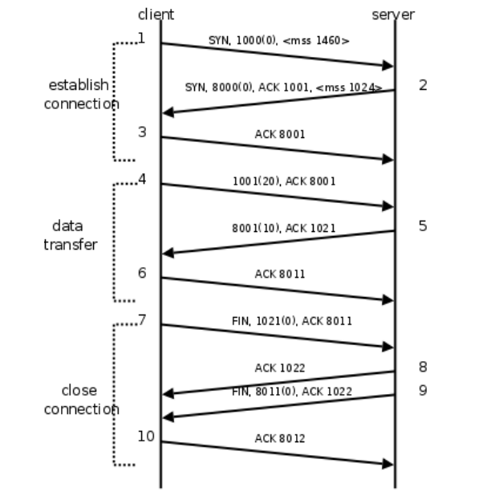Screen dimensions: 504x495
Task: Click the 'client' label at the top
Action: coord(156,14)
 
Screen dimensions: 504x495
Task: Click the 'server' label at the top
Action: coord(393,14)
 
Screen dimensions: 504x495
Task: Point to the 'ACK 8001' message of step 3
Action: coord(280,134)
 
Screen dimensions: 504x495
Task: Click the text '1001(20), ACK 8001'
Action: coord(284,181)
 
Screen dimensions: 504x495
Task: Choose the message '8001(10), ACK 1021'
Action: coord(284,228)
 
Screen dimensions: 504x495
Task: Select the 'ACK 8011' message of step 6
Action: coord(280,274)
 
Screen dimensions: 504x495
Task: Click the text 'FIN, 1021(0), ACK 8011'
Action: coord(291,321)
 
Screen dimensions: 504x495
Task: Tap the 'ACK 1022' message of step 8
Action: coord(280,368)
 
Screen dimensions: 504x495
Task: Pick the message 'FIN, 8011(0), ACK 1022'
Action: coord(291,392)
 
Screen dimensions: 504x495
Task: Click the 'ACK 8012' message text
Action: coord(280,438)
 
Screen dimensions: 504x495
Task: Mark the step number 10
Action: coord(145,437)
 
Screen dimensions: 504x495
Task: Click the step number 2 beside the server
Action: coord(423,85)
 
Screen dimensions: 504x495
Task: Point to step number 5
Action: coord(423,226)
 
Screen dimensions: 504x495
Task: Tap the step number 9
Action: coord(423,392)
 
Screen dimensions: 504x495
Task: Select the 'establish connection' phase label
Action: coord(80,94)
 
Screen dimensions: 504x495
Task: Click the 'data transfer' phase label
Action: coord(69,235)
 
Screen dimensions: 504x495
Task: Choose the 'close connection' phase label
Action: coord(80,400)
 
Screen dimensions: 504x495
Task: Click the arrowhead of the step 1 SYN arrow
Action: coord(388,66)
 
